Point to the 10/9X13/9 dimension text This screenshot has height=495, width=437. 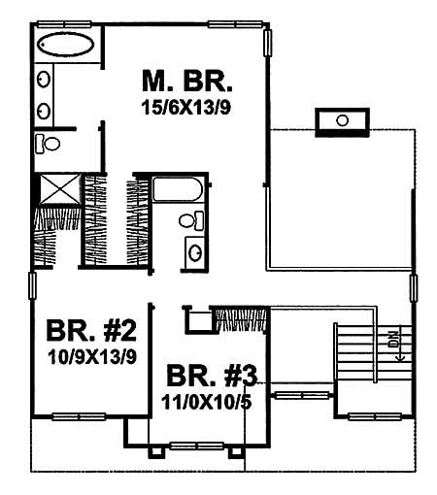(x=90, y=355)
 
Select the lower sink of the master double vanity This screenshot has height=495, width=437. (x=45, y=108)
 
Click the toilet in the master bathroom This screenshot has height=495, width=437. (x=49, y=144)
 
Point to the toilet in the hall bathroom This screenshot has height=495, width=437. (x=193, y=221)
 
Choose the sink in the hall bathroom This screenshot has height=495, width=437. (x=194, y=251)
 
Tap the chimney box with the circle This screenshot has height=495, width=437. (x=341, y=120)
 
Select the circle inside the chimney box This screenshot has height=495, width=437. (x=341, y=120)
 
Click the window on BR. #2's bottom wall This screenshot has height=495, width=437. (x=78, y=417)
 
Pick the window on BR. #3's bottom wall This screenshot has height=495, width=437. (x=195, y=449)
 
